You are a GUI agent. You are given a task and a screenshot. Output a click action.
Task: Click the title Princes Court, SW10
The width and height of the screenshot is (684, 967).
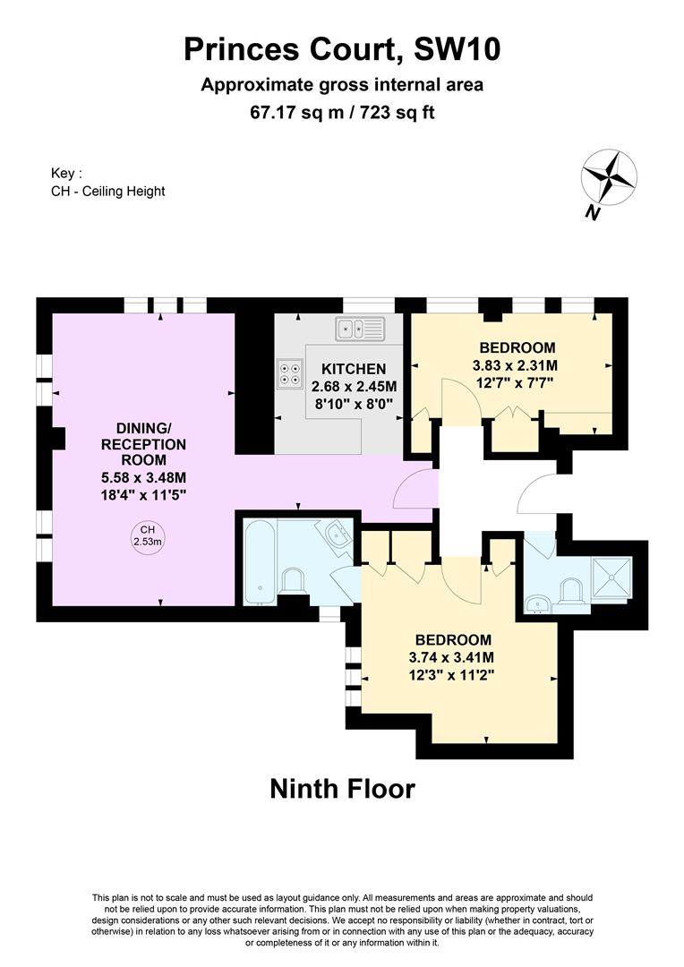[342, 49]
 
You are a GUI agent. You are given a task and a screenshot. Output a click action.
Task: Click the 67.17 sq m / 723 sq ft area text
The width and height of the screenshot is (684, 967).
[342, 112]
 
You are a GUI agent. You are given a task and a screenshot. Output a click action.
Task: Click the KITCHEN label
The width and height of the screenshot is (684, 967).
[354, 369]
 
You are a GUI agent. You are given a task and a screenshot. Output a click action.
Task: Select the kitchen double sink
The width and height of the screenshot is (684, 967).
[360, 329]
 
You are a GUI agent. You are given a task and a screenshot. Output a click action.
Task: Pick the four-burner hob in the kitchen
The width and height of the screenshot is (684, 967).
[290, 373]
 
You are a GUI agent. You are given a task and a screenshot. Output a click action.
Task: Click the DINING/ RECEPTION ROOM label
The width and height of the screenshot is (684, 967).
[144, 444]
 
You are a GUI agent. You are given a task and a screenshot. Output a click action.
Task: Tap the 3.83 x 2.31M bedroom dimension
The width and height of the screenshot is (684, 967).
[515, 365]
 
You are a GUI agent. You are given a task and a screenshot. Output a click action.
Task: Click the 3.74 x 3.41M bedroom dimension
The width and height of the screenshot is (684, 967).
[451, 657]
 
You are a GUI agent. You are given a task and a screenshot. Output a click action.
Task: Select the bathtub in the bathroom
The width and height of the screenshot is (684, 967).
[259, 561]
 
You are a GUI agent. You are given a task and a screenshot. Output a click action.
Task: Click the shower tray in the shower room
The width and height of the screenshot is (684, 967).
[611, 577]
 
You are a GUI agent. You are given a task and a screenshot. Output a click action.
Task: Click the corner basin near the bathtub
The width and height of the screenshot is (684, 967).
[337, 534]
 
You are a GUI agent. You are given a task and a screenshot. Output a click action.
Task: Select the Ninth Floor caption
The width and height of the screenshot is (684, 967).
[342, 789]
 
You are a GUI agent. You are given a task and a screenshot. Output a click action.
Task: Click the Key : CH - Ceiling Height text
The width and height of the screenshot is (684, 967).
[108, 183]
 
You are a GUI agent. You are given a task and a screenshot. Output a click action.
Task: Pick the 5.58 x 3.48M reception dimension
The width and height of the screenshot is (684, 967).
[144, 477]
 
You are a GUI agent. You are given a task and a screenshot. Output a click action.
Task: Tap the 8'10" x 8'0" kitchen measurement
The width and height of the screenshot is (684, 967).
[354, 404]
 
